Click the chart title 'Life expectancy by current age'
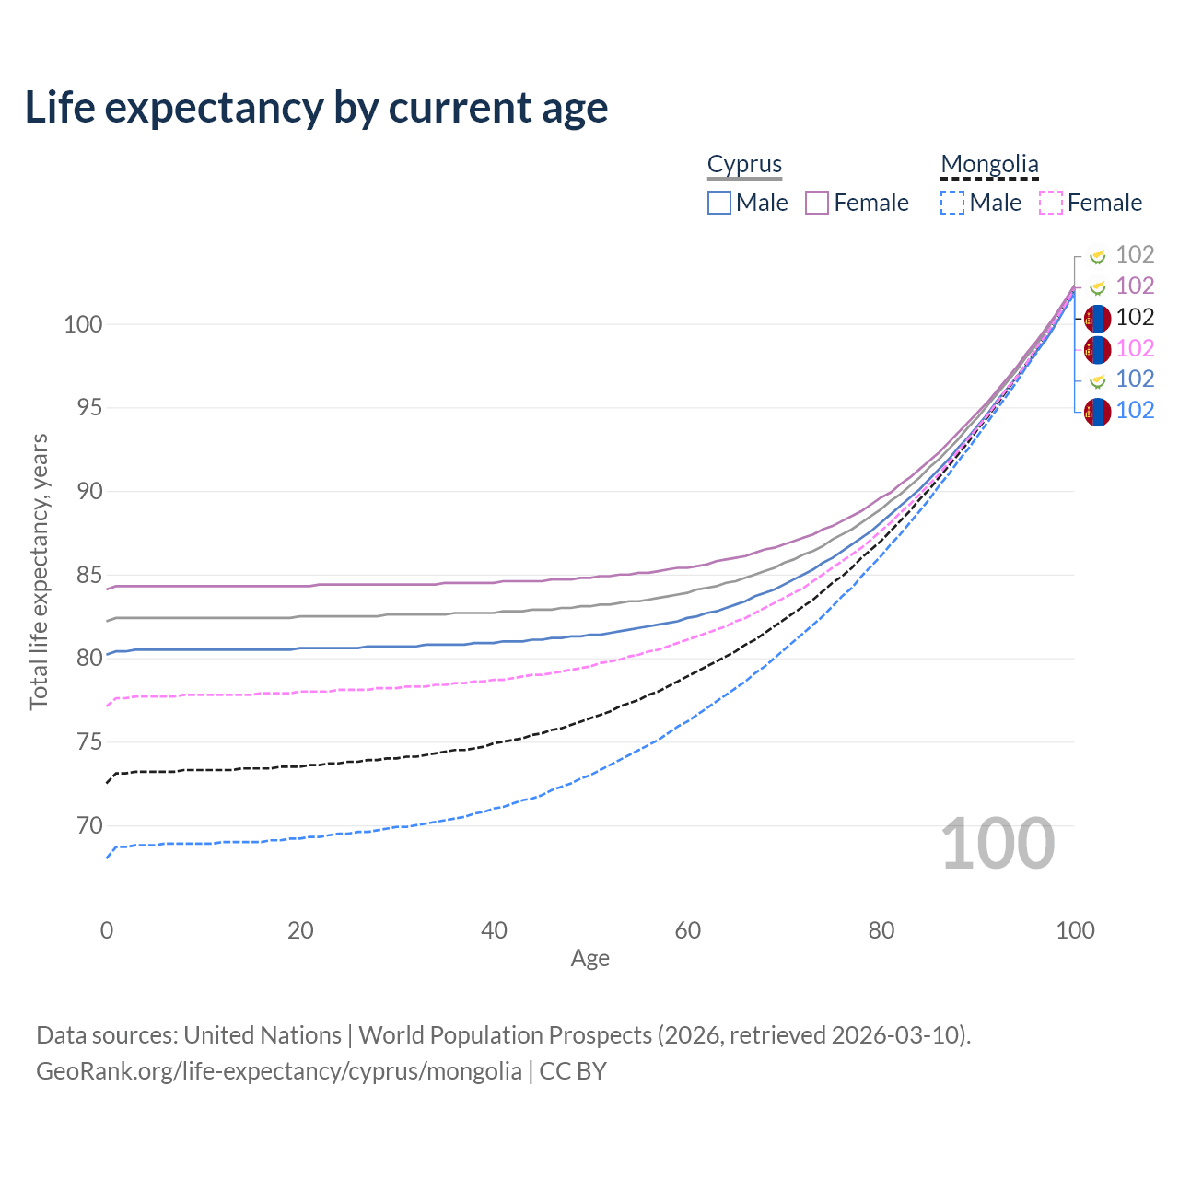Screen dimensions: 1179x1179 pos(316,108)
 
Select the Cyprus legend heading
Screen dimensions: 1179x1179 pos(744,164)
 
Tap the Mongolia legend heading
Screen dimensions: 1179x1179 pos(989,164)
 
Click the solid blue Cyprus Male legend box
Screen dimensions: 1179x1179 pos(719,203)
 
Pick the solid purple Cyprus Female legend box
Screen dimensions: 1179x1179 pos(817,203)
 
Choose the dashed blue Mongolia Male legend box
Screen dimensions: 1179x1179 pos(952,203)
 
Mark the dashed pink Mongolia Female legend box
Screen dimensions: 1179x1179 pos(1050,203)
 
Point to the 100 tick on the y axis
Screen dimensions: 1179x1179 pos(83,324)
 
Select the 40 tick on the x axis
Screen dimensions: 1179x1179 pos(494,930)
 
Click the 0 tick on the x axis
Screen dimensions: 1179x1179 pos(107,930)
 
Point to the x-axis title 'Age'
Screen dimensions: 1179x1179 pos(589,958)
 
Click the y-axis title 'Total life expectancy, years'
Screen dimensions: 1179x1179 pos(39,571)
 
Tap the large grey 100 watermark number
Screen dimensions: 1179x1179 pos(998,844)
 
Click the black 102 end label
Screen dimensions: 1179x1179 pos(1135,317)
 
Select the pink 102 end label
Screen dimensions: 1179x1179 pos(1135,348)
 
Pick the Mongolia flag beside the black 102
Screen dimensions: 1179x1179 pos(1097,319)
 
